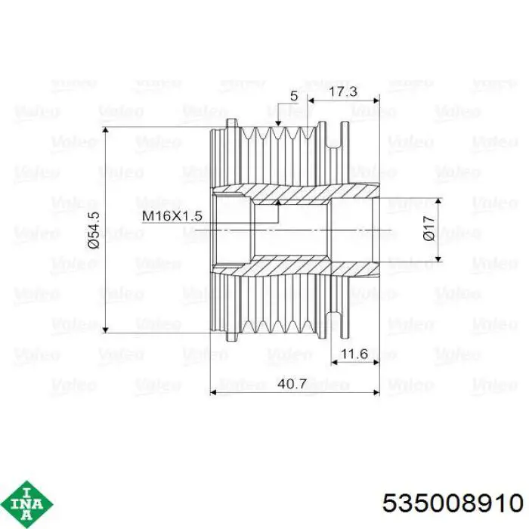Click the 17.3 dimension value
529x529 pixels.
coord(343,91)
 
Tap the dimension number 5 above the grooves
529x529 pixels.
coord(294,96)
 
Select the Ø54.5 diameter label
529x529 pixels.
coord(94,230)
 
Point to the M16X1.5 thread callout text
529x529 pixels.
coord(172,215)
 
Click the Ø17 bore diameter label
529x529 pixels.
coord(428,228)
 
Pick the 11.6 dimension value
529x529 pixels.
coord(354,354)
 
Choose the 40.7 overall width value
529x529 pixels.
coord(292,384)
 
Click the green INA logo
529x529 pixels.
coord(26,504)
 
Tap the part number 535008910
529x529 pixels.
coord(453,503)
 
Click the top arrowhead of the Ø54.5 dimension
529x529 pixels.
coord(106,130)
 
